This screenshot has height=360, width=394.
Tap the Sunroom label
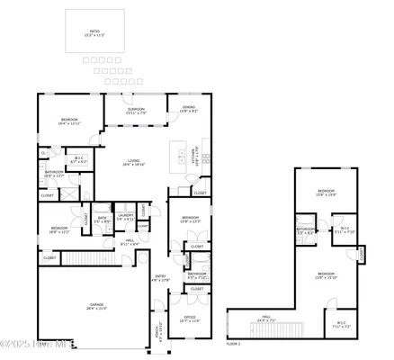click(x=136, y=110)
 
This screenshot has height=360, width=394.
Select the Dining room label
click(x=188, y=109)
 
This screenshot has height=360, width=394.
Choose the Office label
click(x=190, y=319)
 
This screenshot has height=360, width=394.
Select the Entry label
click(x=160, y=278)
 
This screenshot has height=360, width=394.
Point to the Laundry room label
click(x=125, y=216)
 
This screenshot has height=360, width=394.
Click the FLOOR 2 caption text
click(x=234, y=344)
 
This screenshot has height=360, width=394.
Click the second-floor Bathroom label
click(x=306, y=229)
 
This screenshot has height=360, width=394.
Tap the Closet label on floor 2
click(x=362, y=254)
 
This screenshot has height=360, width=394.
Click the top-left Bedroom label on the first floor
click(x=68, y=121)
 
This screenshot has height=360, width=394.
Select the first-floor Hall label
click(x=130, y=242)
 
